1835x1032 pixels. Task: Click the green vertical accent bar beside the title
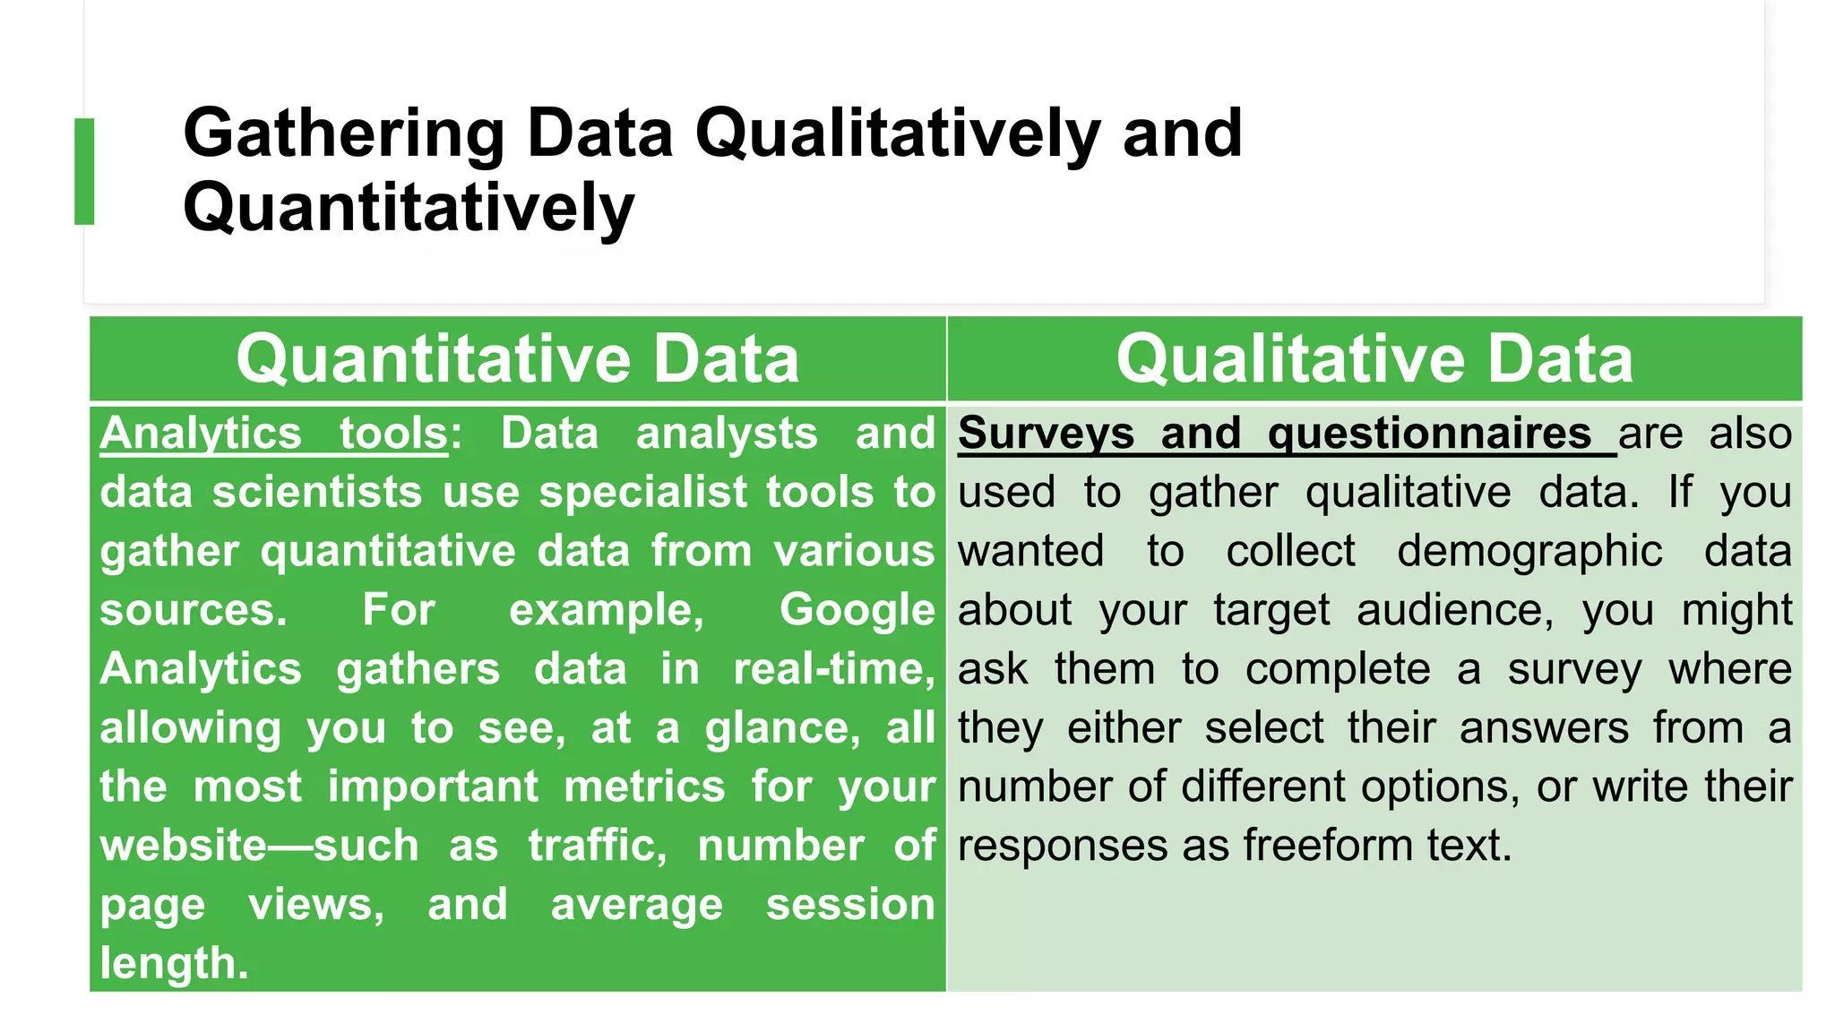[x=84, y=171]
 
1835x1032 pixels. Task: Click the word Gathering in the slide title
[x=344, y=133]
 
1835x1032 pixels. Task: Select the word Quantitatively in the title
[x=409, y=208]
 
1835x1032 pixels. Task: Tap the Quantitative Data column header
[x=517, y=359]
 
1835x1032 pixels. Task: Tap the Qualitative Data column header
[x=1374, y=359]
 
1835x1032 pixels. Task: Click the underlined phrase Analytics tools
[x=273, y=434]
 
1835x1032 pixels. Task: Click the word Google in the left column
[x=857, y=611]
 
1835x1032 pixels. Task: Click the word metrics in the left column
[x=644, y=787]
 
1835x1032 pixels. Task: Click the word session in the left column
[x=849, y=905]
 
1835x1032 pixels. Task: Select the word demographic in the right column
[x=1529, y=552]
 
